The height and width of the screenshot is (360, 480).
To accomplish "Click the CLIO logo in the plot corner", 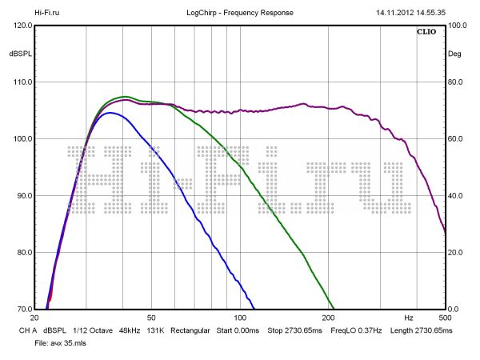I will point(426,33).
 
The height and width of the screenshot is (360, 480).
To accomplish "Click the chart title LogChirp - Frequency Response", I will point(239,13).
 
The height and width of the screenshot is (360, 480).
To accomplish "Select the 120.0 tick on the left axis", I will point(22,26).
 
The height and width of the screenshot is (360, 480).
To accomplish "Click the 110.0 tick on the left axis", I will point(22,82).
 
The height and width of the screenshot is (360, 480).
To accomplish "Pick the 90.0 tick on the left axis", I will point(22,196).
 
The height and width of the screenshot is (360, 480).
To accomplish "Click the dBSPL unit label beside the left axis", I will point(19,54).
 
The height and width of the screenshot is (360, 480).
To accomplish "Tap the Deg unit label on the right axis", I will point(455,54).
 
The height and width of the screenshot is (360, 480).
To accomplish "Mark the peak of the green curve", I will point(125,97).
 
